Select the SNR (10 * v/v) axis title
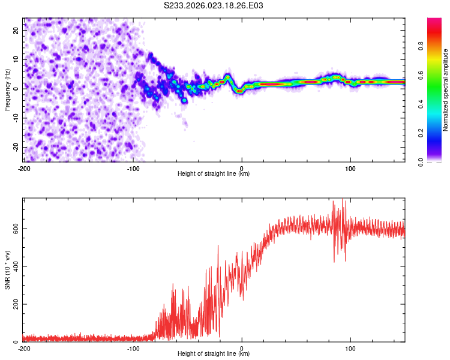click(x=7, y=271)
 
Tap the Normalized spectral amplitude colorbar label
click(x=446, y=91)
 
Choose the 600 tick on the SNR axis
click(x=15, y=229)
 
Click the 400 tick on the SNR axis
click(x=15, y=266)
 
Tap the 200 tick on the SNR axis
click(x=15, y=304)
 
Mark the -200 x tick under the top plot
click(x=24, y=168)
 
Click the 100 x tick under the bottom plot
click(x=350, y=348)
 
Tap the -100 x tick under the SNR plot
click(x=133, y=348)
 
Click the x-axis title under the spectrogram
click(x=214, y=174)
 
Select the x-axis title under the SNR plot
click(x=214, y=354)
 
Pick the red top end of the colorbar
click(x=434, y=20)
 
